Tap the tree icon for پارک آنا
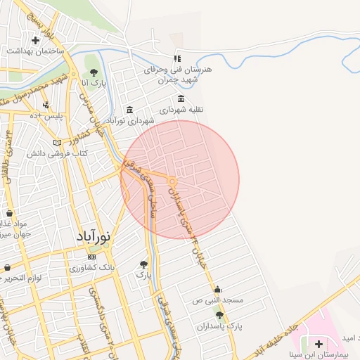point(94,72)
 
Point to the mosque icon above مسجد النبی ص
point(217,289)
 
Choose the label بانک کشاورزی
point(92,269)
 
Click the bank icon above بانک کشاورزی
point(92,257)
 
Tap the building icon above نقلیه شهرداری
point(181,98)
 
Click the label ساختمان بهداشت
point(36,52)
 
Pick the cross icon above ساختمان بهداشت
point(35,40)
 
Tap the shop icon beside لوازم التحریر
point(7,268)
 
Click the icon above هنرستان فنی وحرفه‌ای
point(177,58)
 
